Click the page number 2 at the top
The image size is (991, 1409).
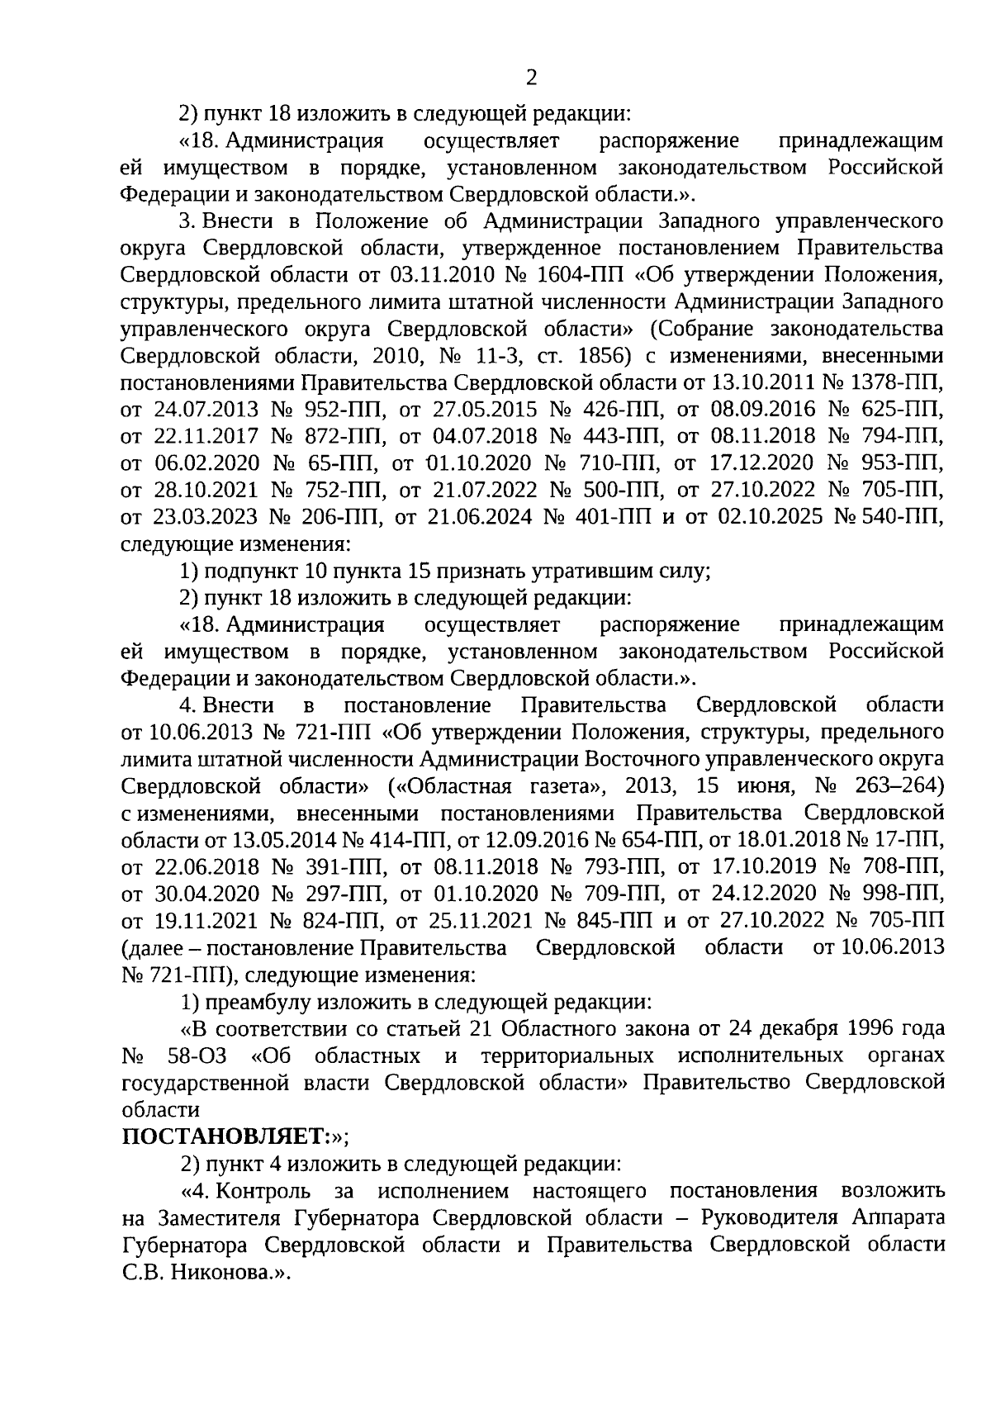pyautogui.click(x=531, y=78)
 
